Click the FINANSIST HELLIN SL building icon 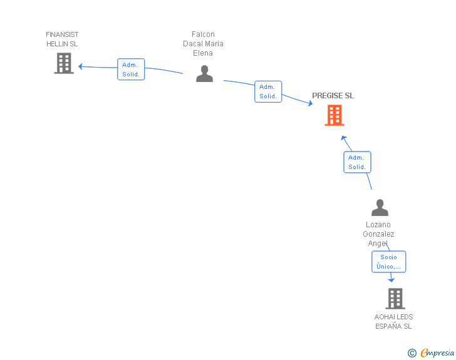64,63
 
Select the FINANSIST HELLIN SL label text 62,39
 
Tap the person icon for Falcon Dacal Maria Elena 204,74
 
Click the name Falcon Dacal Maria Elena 203,44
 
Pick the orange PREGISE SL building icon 334,115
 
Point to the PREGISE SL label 333,96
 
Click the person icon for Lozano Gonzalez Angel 380,207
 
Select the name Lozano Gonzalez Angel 378,234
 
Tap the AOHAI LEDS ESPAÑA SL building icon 395,299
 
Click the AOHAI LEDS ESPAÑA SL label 393,321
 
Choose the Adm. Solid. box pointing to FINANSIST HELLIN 131,69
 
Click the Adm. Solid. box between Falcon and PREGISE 268,91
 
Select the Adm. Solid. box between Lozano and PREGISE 357,162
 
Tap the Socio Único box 388,262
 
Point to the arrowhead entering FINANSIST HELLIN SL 81,66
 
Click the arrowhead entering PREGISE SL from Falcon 310,103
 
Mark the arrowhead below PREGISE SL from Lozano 343,138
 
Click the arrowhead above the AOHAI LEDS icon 391,280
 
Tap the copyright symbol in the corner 412,353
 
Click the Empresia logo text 437,353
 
